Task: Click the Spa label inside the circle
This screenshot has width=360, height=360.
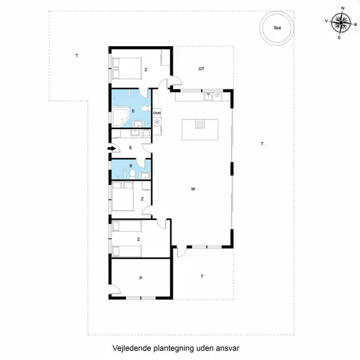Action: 277,28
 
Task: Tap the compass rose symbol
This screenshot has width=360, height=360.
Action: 341,23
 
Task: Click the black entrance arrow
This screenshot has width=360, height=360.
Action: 112,149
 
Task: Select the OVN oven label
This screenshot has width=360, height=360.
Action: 157,113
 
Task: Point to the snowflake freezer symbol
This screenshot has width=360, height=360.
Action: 157,121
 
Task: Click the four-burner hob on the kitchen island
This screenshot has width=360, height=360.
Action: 200,124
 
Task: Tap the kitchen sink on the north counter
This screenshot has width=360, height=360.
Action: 208,97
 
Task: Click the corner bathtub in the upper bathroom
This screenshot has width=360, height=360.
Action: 120,118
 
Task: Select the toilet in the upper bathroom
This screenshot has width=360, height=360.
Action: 146,108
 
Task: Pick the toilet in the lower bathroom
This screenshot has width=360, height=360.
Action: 132,174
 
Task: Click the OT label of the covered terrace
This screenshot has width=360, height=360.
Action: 201,69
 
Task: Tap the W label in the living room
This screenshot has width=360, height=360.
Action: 193,189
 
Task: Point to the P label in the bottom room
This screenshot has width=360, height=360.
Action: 141,278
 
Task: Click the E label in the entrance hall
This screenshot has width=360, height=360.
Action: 131,148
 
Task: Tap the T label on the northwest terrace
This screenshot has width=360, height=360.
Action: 77,55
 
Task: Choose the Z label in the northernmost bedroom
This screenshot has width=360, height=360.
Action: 146,70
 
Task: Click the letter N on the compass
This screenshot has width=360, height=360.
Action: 343,8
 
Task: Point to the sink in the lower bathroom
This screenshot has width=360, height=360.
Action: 145,176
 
